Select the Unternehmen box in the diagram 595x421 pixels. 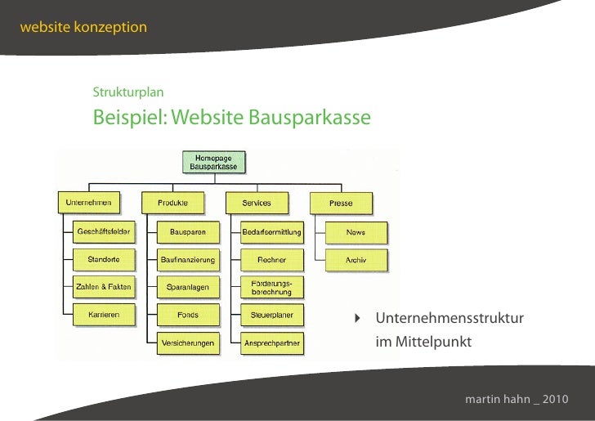tap(88, 202)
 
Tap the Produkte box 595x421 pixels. tap(173, 202)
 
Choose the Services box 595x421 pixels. tap(257, 202)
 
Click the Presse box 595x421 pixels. tap(341, 202)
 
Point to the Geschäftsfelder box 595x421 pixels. tap(104, 232)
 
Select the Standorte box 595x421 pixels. tap(104, 260)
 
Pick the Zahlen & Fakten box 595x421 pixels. tap(104, 287)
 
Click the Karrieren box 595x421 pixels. tap(104, 314)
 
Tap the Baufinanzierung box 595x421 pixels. tap(188, 260)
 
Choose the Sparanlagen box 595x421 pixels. tap(188, 288)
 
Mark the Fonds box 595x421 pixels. tap(188, 315)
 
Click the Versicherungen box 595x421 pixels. tap(188, 343)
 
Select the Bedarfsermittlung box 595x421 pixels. tap(271, 232)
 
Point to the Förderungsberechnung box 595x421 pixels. tap(271, 287)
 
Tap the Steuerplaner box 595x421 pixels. tap(271, 315)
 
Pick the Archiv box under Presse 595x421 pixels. tap(356, 260)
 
